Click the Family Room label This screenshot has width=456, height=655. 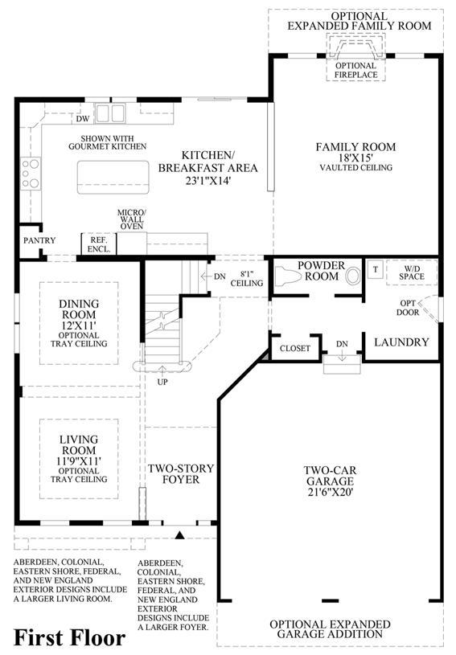tap(355, 147)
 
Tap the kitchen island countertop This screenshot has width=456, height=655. tap(113, 177)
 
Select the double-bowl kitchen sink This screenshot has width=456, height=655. tap(110, 113)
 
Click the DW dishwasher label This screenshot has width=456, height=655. tap(83, 119)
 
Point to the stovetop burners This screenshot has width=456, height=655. tap(31, 174)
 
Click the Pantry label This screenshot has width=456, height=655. tap(39, 240)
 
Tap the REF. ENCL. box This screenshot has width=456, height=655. tap(99, 244)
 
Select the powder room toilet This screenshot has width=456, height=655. tap(290, 276)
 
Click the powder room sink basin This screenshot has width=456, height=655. tap(353, 276)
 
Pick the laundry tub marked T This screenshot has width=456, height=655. tap(376, 269)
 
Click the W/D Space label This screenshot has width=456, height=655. tap(412, 272)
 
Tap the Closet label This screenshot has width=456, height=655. tap(295, 348)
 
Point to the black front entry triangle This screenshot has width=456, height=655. tap(179, 535)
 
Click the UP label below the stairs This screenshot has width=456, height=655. tap(162, 382)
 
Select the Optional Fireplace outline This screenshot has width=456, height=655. tap(356, 57)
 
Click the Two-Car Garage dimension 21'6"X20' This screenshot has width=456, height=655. tap(331, 492)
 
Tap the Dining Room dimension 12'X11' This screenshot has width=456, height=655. tap(79, 325)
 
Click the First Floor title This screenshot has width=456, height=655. tap(69, 637)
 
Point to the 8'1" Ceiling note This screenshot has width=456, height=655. tap(247, 279)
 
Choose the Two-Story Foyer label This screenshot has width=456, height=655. tap(181, 474)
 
